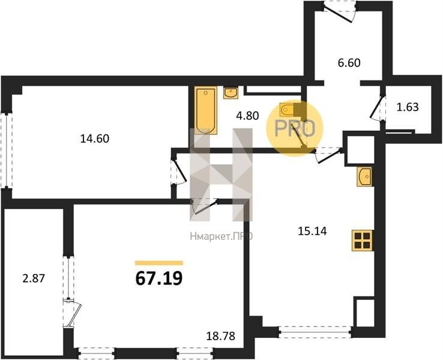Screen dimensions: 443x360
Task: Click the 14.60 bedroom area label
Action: [95, 139]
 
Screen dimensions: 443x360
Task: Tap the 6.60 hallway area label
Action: [349, 62]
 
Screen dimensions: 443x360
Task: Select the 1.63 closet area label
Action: [408, 107]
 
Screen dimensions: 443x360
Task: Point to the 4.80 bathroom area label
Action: [247, 115]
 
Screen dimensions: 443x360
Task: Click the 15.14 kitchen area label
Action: [312, 231]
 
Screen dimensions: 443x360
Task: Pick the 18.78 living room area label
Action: [221, 336]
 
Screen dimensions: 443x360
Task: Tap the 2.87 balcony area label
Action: [34, 278]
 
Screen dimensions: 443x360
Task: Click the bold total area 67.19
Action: [159, 278]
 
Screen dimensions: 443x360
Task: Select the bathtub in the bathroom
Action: [206, 110]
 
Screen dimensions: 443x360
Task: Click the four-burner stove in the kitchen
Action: [362, 240]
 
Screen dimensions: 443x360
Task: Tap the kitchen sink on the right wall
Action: [364, 176]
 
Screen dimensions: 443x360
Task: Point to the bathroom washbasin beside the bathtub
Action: [231, 92]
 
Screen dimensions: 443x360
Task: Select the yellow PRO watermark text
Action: [294, 129]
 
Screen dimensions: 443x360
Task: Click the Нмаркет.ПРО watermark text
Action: [221, 236]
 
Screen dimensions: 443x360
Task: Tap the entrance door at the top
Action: [339, 12]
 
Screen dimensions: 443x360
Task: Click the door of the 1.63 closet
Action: [376, 108]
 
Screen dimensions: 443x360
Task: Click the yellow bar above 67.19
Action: [159, 263]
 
